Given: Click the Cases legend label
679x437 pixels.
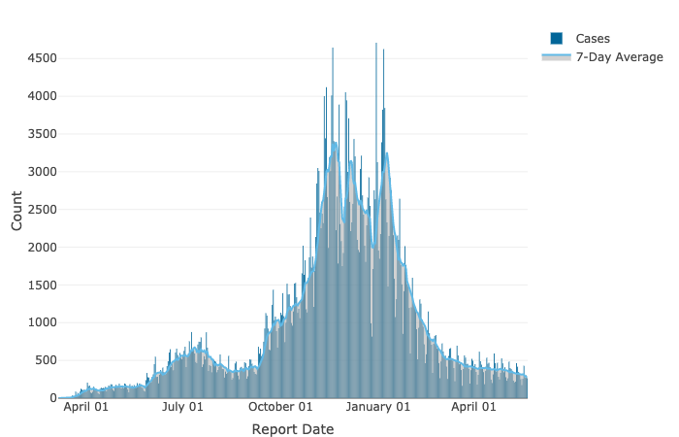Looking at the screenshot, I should click(x=592, y=39).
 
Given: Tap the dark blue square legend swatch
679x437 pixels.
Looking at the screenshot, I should click(x=556, y=39).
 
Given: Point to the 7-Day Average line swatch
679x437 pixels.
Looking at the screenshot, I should click(x=556, y=57).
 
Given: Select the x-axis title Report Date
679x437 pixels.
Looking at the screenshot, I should click(x=292, y=429).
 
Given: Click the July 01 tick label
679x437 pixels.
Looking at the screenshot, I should click(x=182, y=407).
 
